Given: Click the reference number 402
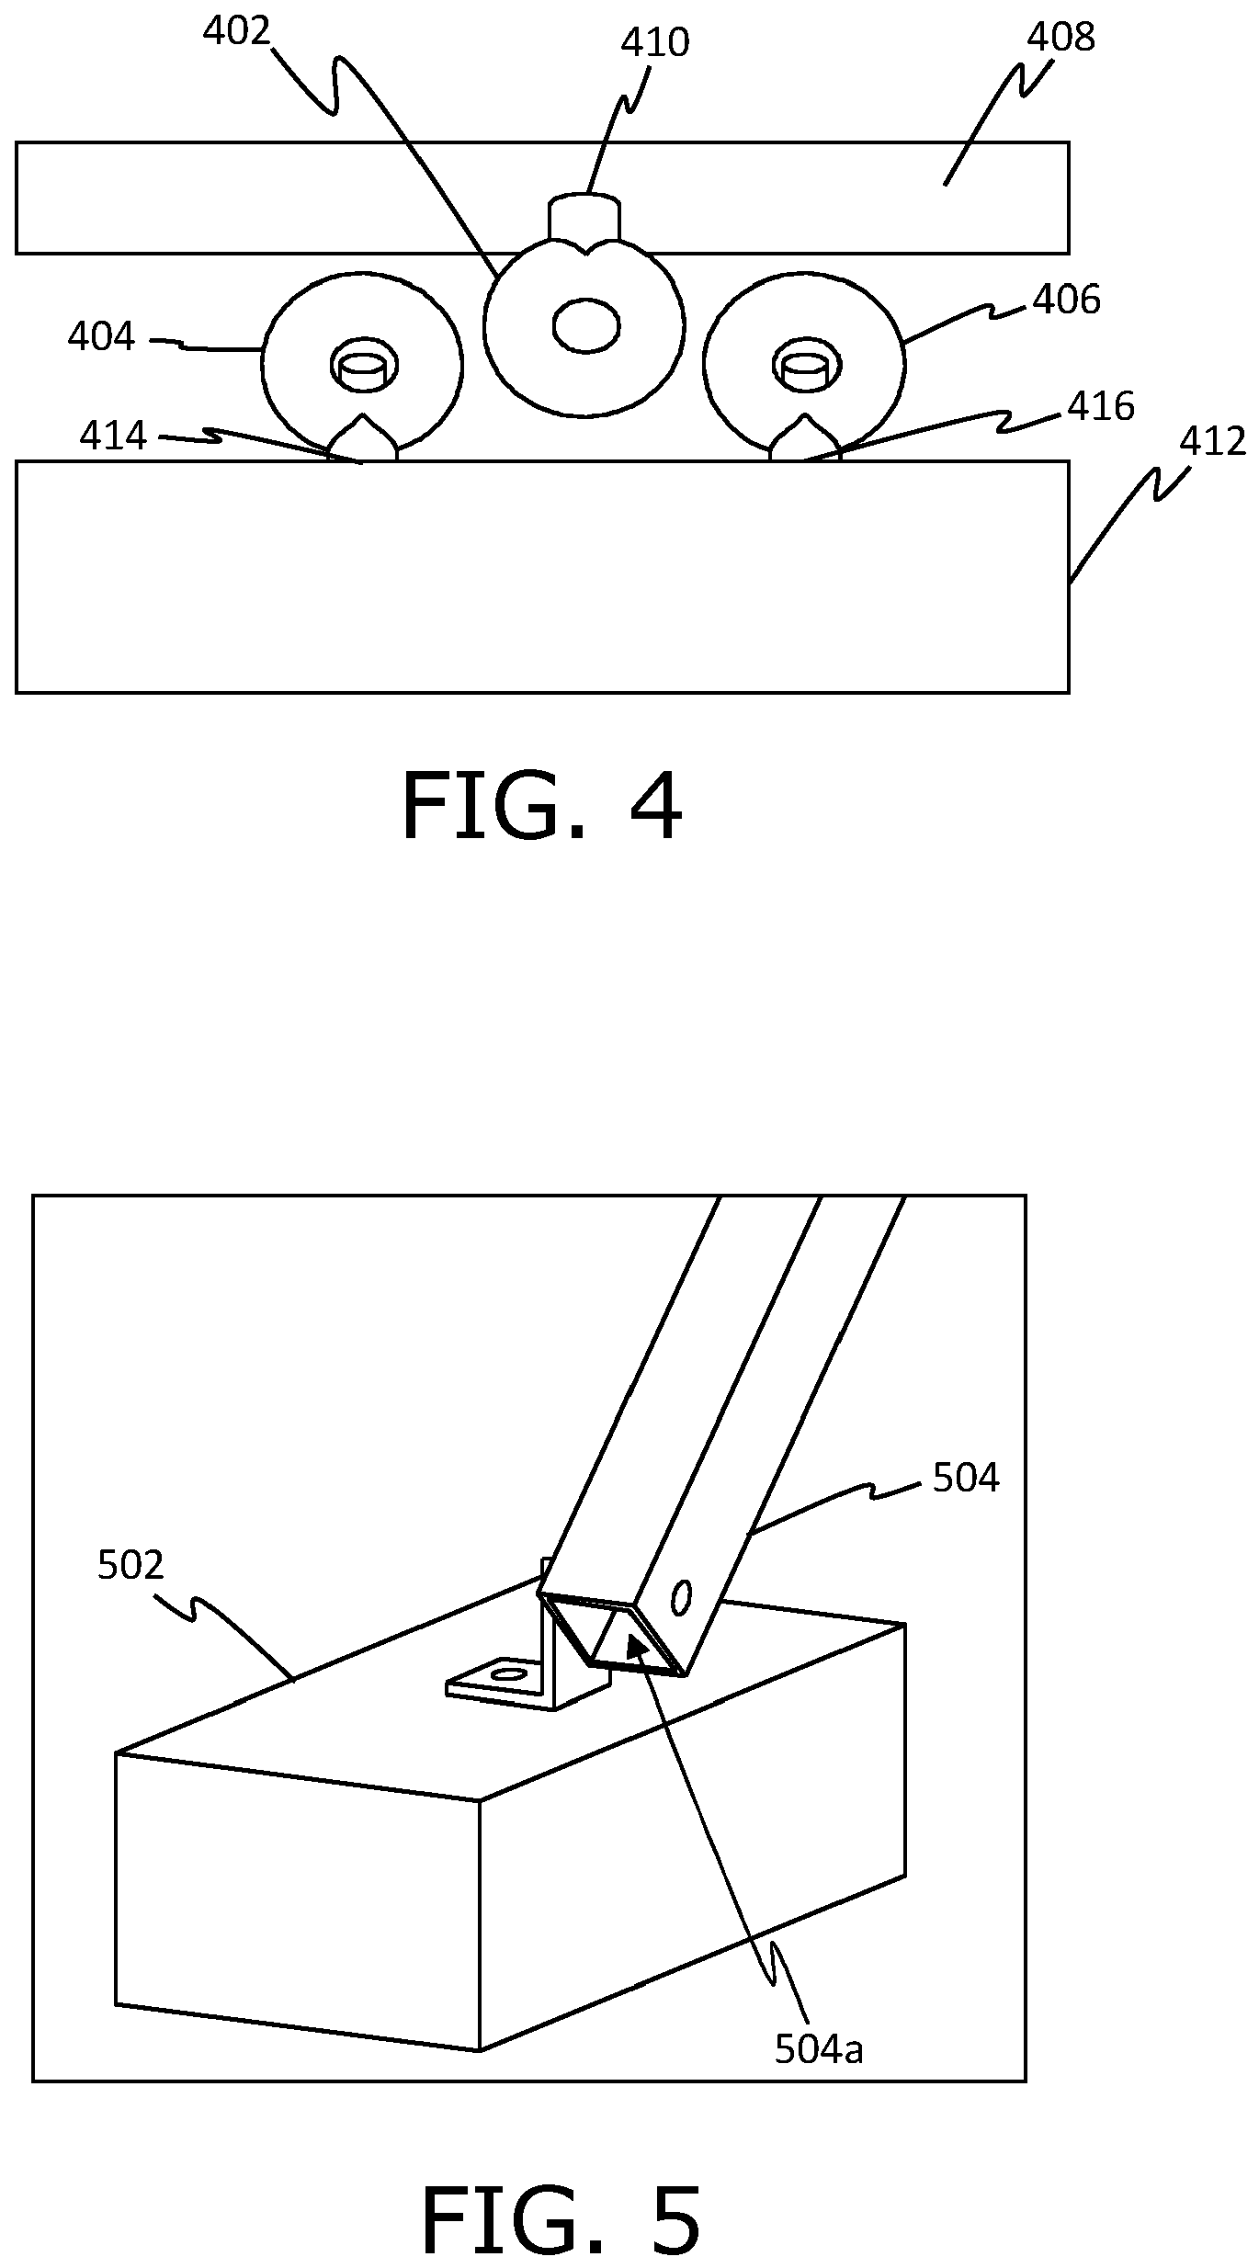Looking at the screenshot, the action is pos(236,32).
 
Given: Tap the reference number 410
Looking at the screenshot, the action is pos(655,43).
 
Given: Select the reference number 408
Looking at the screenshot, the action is pos(1061,38).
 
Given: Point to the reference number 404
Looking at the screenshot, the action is pos(101,337).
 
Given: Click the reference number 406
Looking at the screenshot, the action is pos(1066,301).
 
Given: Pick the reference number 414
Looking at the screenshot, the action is pos(113,436).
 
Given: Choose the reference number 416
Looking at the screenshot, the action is pos(1101,406).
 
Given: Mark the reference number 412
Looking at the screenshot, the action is pos(1213,443).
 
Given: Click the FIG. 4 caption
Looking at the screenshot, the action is pos(542,808).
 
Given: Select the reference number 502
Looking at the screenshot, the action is pos(130,1565).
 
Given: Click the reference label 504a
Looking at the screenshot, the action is pos(819,2049).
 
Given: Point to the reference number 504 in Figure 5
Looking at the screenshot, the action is pos(966,1479).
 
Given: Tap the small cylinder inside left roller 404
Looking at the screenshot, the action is pos(364,366).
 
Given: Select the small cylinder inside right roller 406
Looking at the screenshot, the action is pos(806,366).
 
